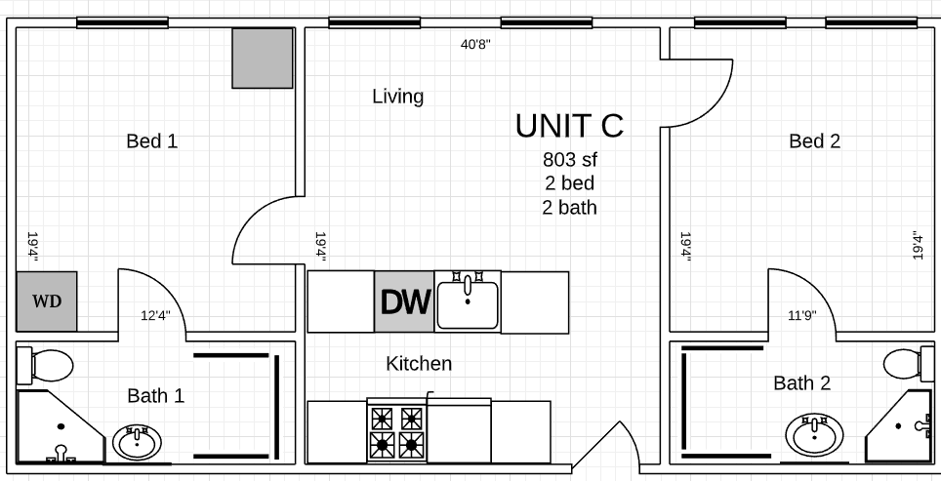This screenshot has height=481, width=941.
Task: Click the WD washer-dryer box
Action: [46, 301]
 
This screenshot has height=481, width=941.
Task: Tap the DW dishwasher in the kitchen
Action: [404, 301]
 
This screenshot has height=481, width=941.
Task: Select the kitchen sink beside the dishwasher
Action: [468, 301]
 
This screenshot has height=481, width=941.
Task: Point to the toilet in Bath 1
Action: [44, 365]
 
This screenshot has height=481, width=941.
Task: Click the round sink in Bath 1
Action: [137, 443]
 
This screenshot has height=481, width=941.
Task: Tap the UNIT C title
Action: [569, 126]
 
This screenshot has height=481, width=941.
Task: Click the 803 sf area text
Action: [570, 160]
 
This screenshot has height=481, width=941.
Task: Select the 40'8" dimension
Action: [476, 45]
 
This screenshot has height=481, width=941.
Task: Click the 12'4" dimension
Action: [156, 315]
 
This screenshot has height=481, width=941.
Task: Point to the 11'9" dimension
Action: [802, 315]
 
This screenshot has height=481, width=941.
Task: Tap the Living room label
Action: [398, 97]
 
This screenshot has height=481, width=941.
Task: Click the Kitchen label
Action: [419, 364]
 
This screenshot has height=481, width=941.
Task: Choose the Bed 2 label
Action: [814, 141]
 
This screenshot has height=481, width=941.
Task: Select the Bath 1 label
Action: [156, 396]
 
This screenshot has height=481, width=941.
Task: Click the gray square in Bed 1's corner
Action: [263, 59]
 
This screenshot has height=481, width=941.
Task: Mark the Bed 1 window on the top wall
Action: [122, 22]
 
